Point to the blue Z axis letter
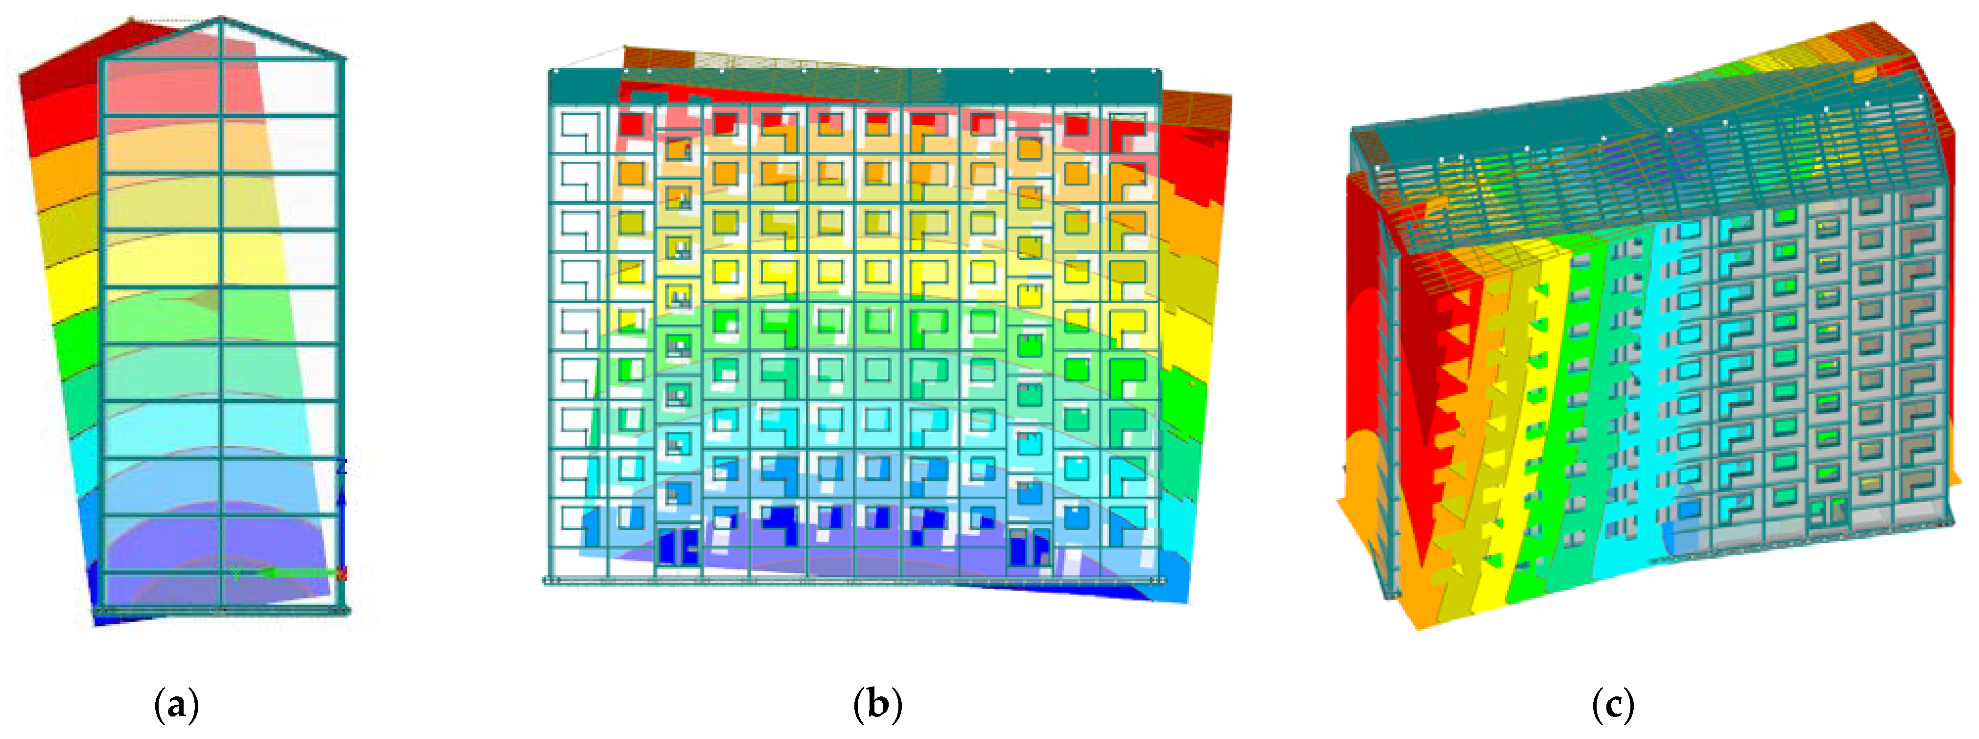click(343, 466)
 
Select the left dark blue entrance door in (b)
click(678, 547)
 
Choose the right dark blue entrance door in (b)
click(1030, 547)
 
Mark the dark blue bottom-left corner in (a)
click(104, 615)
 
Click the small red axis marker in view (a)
click(343, 573)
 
